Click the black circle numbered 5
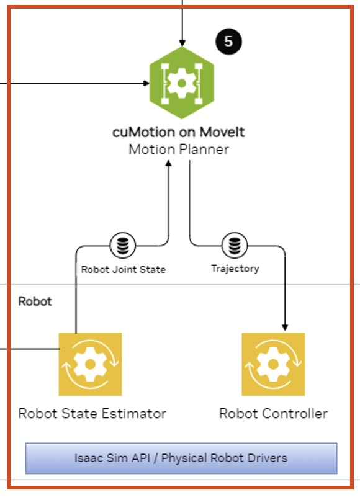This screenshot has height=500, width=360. [x=228, y=42]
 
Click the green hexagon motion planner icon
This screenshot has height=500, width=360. [x=182, y=83]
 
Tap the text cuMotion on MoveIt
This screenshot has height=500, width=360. [x=178, y=132]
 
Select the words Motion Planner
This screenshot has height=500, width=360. [x=179, y=150]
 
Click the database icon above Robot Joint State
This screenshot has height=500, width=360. [x=123, y=246]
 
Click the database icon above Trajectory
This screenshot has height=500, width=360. [x=235, y=246]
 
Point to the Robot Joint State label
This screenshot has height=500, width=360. [x=124, y=269]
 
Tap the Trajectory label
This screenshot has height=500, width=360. [x=235, y=269]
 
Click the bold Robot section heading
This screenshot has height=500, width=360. [x=35, y=301]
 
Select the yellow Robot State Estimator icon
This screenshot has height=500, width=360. [x=91, y=364]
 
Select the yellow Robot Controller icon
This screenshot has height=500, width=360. [x=273, y=364]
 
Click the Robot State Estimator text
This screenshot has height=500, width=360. [x=92, y=414]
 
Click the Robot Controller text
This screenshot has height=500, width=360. [x=274, y=414]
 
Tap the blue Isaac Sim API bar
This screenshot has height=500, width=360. [x=181, y=458]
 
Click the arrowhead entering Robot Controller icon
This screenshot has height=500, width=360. [x=285, y=328]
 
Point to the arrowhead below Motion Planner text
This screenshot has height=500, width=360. [x=168, y=163]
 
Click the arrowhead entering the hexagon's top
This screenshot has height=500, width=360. [x=182, y=43]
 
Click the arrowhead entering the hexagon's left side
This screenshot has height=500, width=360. [x=146, y=83]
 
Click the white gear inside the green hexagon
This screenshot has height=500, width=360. [x=182, y=83]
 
